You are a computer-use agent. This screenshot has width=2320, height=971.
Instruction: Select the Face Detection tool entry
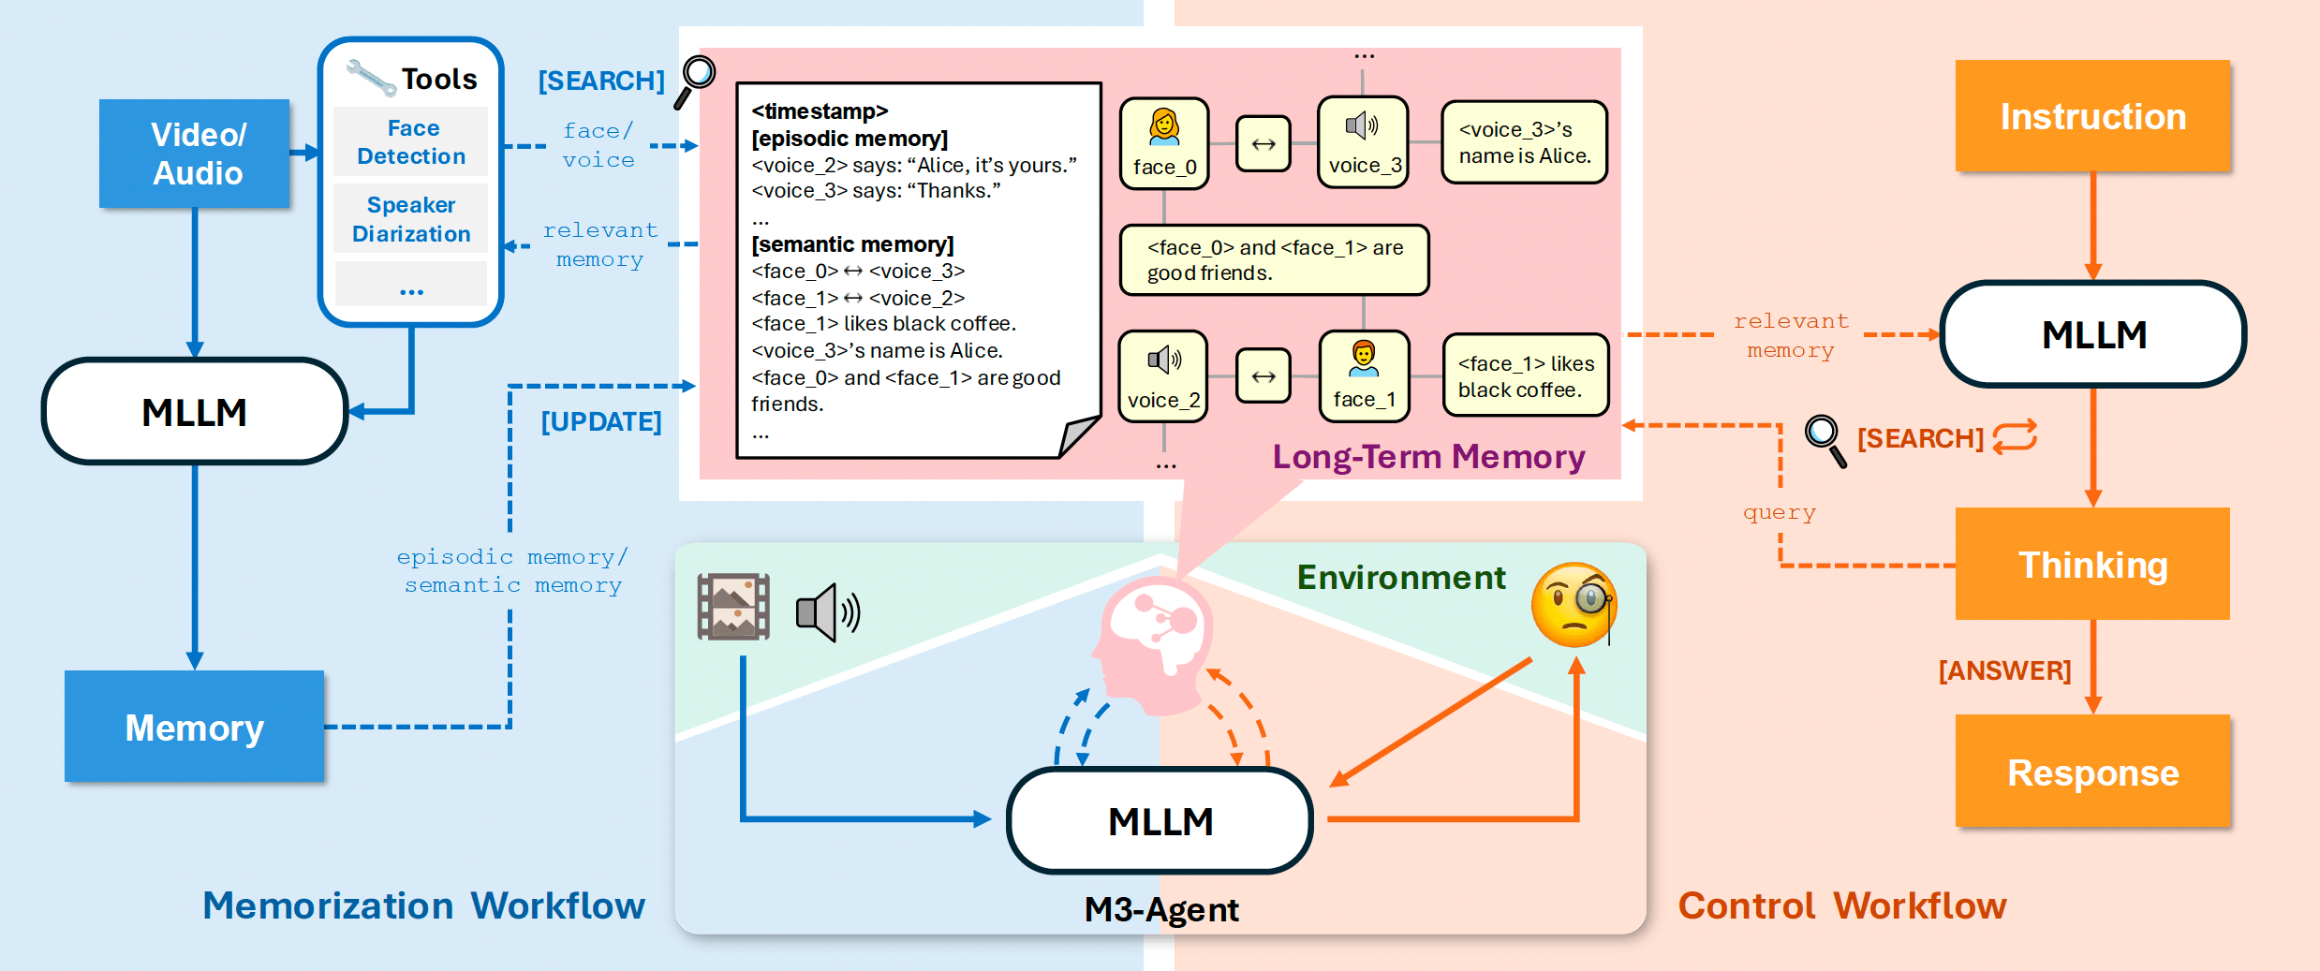coord(411,142)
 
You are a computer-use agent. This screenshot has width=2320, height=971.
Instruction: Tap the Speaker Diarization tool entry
coord(411,219)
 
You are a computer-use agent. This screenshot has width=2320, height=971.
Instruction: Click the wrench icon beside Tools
coord(370,78)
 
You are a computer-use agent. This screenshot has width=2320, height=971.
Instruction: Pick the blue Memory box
coord(195,727)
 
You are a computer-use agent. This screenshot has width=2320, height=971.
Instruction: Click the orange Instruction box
coord(2092,116)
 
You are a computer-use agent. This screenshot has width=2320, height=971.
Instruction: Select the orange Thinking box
coord(2092,565)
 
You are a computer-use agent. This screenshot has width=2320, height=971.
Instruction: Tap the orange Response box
coord(2092,772)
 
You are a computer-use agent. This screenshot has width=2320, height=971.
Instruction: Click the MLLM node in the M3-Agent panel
coord(1160,821)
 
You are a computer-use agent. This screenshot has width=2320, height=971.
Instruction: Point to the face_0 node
coord(1164,143)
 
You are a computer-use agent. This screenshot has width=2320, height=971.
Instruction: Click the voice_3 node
coord(1364,142)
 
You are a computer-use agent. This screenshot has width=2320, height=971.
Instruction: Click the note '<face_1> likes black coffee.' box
coord(1525,375)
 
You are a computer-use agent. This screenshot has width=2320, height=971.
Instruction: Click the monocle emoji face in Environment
coord(1574,605)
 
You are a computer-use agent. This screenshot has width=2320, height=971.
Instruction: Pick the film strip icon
coord(733,607)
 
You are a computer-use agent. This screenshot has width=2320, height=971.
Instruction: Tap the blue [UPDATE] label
coord(601,421)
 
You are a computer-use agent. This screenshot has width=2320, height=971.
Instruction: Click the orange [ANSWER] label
coord(2004,670)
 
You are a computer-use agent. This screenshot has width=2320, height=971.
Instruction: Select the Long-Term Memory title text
coord(1428,457)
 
